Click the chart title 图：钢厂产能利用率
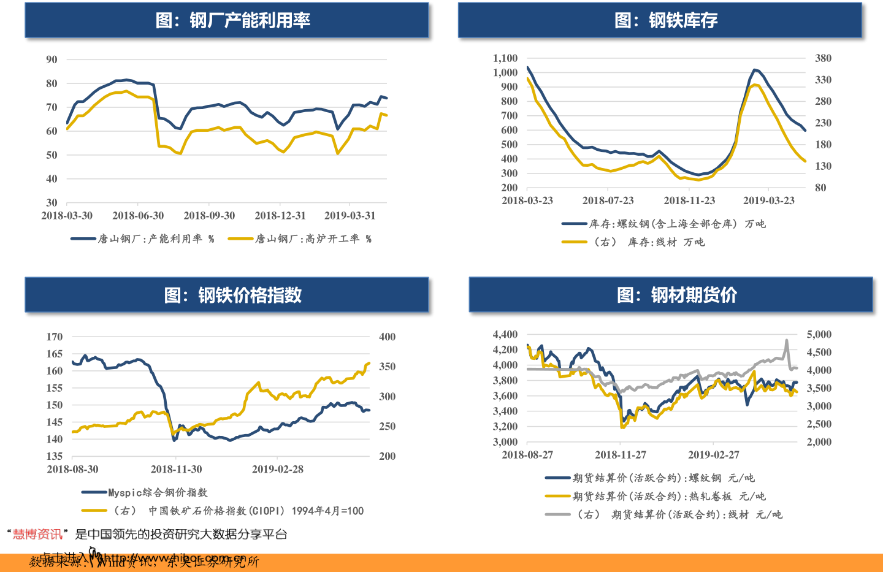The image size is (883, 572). pyautogui.click(x=233, y=21)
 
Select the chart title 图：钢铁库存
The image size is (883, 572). pyautogui.click(x=666, y=21)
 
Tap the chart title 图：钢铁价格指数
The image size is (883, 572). pyautogui.click(x=233, y=296)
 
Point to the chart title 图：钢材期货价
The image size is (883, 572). pyautogui.click(x=677, y=296)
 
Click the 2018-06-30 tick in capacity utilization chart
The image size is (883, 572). pyautogui.click(x=138, y=216)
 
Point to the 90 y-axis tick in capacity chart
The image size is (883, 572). pyautogui.click(x=52, y=59)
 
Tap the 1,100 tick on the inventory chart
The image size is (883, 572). pyautogui.click(x=505, y=58)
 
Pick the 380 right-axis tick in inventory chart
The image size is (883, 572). pyautogui.click(x=823, y=58)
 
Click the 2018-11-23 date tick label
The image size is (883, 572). pyautogui.click(x=689, y=200)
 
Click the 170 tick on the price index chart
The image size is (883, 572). pyautogui.click(x=55, y=337)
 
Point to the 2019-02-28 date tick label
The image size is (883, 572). pyautogui.click(x=278, y=469)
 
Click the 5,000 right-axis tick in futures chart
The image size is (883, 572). pyautogui.click(x=819, y=334)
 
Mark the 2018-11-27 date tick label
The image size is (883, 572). pyautogui.click(x=621, y=455)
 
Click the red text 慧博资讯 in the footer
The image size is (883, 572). pyautogui.click(x=37, y=535)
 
